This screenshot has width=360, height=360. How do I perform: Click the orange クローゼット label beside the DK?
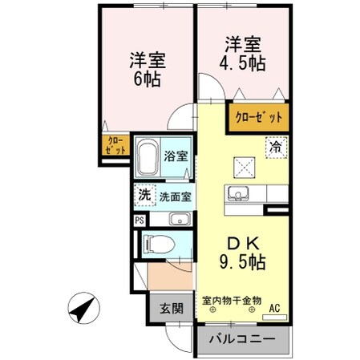click(x=259, y=118)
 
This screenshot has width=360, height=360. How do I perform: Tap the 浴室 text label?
click(x=176, y=156)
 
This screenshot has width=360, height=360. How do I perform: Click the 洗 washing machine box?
click(x=144, y=194)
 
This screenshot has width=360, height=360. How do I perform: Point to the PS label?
click(x=139, y=218)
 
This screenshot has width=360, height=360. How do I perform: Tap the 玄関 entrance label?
click(x=167, y=307)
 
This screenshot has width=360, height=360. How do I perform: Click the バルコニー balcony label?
click(x=243, y=340)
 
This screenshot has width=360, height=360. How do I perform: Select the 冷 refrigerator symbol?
click(x=275, y=148)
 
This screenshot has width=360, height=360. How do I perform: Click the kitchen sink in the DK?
click(x=237, y=194)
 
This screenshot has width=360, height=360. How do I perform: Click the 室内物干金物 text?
click(x=232, y=301)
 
